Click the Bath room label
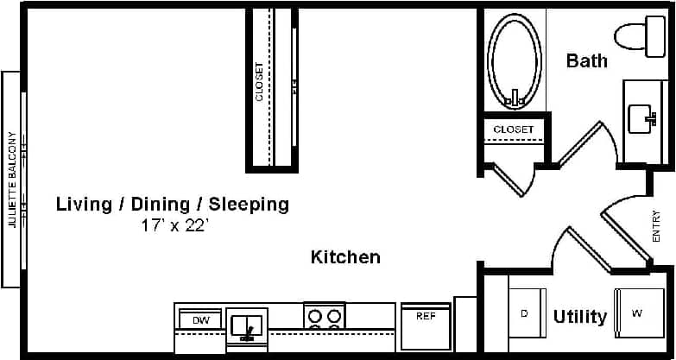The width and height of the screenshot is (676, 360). coord(587,60)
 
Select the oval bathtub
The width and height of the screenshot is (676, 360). coord(515,60)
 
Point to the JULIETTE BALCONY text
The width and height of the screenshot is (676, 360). coord(12,180)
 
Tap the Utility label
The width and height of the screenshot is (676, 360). coord(579,317)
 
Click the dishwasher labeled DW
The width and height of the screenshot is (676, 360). coord(200,320)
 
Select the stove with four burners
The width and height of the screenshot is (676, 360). coord(325,316)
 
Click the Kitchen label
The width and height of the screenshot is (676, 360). coord(345,256)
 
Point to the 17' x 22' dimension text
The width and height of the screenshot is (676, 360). coord(175,226)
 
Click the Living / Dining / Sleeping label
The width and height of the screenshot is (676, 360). coord(173,205)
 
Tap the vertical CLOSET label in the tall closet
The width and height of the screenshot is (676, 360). coord(260,82)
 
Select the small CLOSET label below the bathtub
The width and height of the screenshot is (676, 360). coord(514,130)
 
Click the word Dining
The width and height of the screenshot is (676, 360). coord(160,205)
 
